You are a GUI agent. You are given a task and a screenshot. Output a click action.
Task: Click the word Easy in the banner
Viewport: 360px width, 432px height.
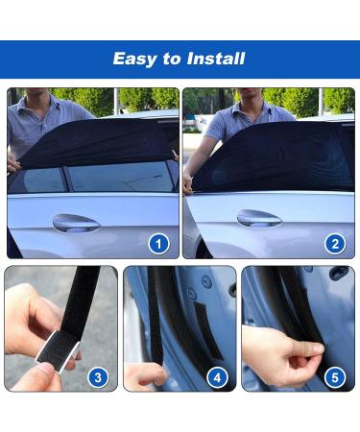coord(134,59)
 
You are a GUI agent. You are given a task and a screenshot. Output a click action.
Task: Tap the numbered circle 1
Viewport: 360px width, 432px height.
coord(159,244)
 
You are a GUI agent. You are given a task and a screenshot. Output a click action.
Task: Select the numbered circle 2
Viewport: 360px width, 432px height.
coord(335,244)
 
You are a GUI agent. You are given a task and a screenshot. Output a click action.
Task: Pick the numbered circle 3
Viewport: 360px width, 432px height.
coord(97,377)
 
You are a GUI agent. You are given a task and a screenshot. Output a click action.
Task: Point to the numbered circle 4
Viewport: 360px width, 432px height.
coord(217,377)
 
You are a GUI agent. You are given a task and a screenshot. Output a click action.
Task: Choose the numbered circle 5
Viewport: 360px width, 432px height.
coord(335,377)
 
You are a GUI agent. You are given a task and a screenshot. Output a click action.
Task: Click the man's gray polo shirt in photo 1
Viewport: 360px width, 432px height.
coord(34,120)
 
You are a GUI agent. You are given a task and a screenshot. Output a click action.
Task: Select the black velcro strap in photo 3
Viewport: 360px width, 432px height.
coord(82,298)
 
